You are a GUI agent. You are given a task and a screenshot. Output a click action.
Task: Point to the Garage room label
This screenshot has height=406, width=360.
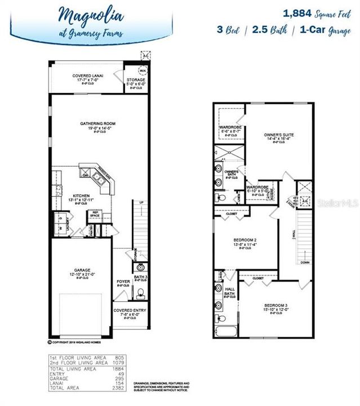pyautogui.click(x=82, y=270)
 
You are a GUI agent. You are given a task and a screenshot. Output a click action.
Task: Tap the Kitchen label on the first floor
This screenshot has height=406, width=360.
pyautogui.click(x=66, y=195)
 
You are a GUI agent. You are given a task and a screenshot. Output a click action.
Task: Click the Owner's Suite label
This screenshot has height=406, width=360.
pyautogui.click(x=279, y=135)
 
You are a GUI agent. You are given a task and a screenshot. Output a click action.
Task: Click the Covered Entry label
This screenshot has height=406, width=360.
pyautogui.click(x=130, y=310)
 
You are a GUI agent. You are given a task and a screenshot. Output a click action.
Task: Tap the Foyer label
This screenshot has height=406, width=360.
pyautogui.click(x=123, y=281)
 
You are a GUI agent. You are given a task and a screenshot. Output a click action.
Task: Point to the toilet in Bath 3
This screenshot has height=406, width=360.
pyautogui.click(x=141, y=292)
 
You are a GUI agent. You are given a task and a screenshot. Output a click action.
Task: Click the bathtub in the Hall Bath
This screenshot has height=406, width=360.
pyautogui.click(x=226, y=329)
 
